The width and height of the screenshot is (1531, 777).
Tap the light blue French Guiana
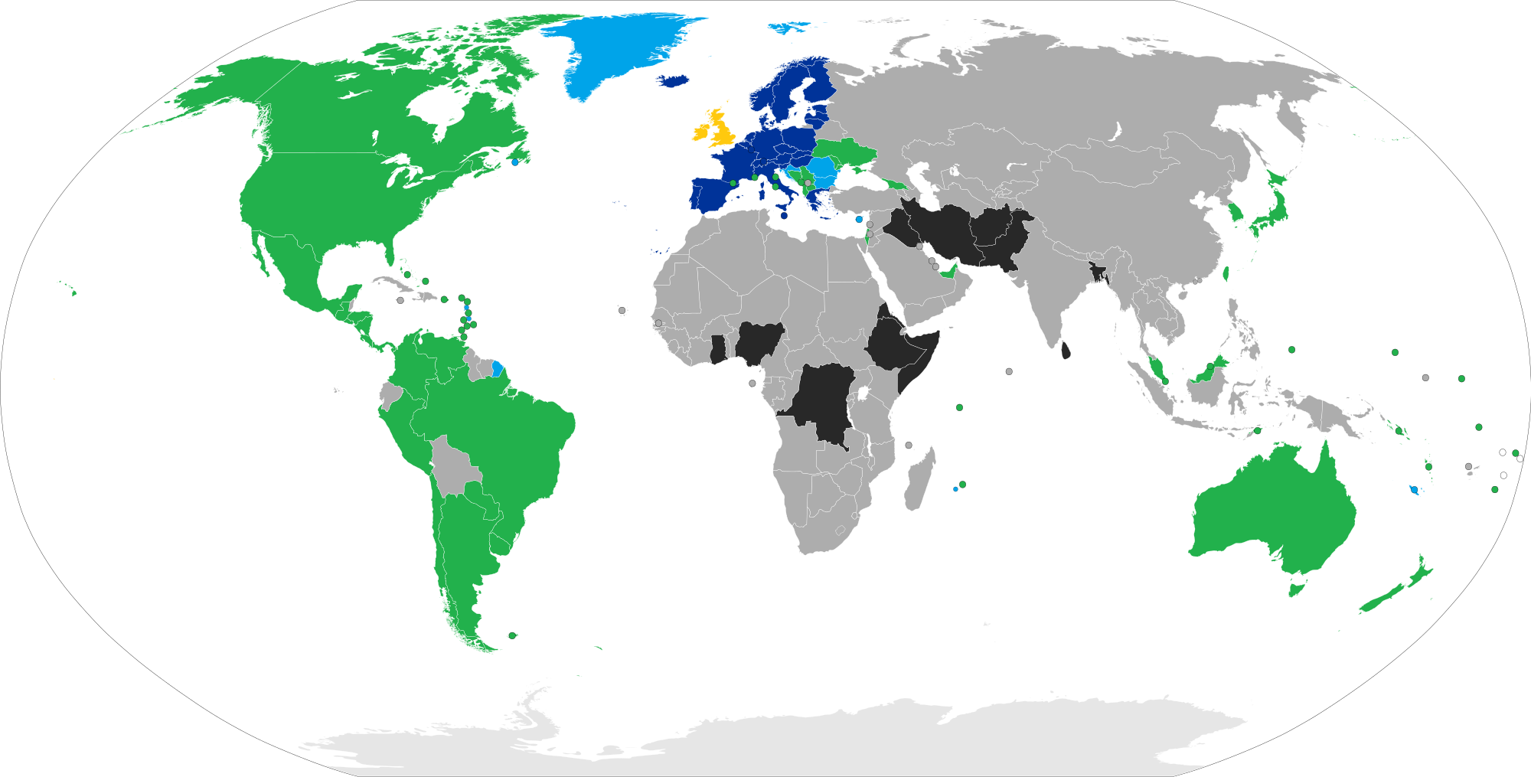pyautogui.click(x=498, y=368)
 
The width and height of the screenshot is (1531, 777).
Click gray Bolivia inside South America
pyautogui.click(x=452, y=467)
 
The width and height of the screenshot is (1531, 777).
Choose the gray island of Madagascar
pyautogui.click(x=919, y=482)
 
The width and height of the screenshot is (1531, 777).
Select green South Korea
pyautogui.click(x=1234, y=211)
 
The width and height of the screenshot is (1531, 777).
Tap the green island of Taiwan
pyautogui.click(x=1226, y=273)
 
